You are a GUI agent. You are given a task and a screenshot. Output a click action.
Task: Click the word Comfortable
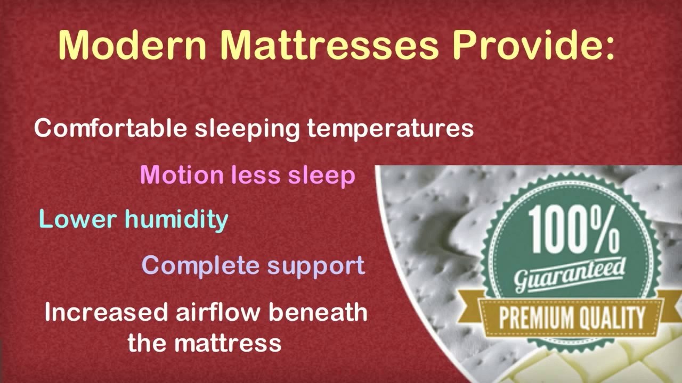click(x=110, y=129)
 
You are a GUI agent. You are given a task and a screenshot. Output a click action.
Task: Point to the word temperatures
click(x=390, y=129)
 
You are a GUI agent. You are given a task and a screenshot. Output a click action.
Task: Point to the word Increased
click(x=107, y=312)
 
